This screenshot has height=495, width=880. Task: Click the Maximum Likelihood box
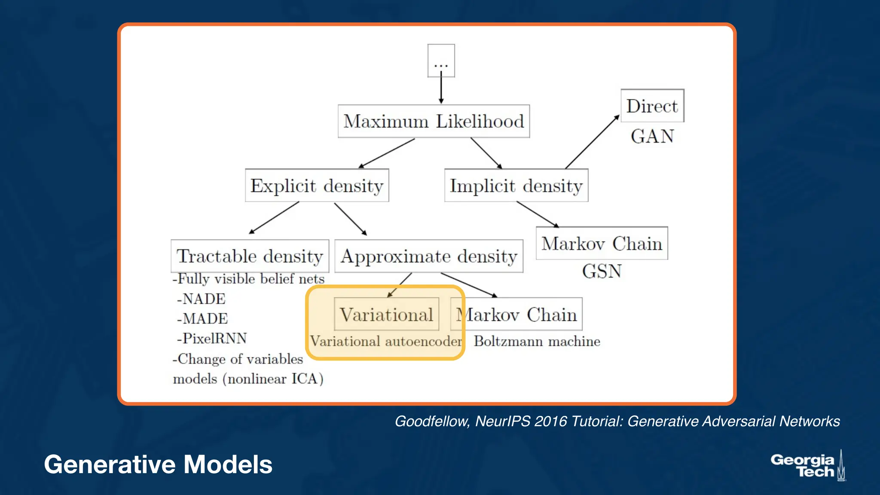434,121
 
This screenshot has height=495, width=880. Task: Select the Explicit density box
317,186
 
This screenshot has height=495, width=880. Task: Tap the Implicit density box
516,186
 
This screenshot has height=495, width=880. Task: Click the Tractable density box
250,256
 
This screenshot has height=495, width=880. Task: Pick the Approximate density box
429,256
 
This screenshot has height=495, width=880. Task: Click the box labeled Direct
652,106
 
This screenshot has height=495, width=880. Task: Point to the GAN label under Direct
652,137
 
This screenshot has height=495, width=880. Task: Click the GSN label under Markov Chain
602,272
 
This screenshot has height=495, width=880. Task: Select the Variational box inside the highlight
386,315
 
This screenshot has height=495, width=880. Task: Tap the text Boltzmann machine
537,341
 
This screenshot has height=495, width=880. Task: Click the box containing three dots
441,61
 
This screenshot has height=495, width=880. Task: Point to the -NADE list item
201,299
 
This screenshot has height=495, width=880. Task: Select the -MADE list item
202,318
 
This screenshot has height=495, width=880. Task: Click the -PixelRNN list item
212,338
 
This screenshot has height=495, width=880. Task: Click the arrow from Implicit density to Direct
592,142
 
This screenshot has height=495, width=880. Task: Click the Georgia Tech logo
808,466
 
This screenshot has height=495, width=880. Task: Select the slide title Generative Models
158,464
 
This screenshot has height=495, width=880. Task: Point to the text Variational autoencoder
386,341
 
